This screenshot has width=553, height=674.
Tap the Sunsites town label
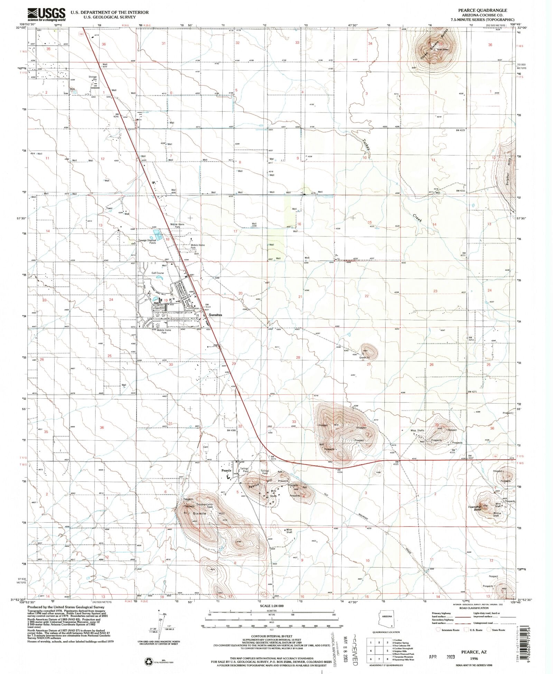[x=215, y=315]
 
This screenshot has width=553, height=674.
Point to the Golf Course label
[x=158, y=273]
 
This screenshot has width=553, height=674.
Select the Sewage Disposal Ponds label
[x=148, y=241]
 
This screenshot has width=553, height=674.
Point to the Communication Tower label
[x=205, y=505]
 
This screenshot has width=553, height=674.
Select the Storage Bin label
[x=92, y=78]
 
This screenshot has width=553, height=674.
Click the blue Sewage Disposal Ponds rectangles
[x=158, y=235]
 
